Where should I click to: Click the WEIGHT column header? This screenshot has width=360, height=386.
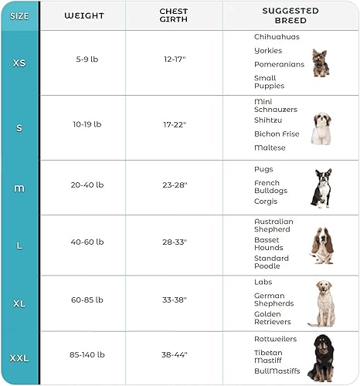tap(84, 15)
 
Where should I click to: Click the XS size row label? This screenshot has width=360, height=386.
tap(19, 63)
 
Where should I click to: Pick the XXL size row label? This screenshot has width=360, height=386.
tap(19, 357)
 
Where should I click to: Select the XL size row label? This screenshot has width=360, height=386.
tap(19, 303)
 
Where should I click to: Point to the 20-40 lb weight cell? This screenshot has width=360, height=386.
tap(84, 187)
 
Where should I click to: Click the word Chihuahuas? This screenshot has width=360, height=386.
tap(277, 36)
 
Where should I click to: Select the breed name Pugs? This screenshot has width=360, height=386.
tap(263, 169)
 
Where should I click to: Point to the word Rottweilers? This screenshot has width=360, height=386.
tap(277, 339)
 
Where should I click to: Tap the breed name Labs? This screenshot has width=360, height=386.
tap(263, 282)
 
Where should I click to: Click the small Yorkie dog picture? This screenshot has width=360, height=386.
tap(321, 63)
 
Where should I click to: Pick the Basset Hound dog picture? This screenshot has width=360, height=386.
tap(322, 245)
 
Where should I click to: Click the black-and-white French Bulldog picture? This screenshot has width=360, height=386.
tap(321, 188)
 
